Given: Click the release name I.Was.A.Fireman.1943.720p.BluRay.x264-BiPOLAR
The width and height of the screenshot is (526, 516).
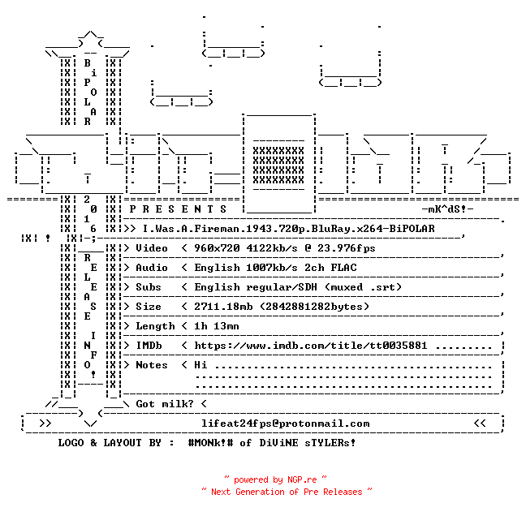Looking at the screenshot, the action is [288, 229].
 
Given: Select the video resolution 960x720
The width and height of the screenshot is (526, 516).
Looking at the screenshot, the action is [217, 248].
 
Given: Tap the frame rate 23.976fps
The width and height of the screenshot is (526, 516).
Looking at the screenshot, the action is [346, 248].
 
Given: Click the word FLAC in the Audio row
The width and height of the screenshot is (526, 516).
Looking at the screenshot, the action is [343, 268].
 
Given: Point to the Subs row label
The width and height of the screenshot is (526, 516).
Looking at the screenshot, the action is [149, 287].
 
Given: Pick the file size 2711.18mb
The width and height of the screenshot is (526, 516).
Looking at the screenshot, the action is [223, 307].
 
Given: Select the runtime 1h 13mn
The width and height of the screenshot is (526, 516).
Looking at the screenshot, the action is [217, 326].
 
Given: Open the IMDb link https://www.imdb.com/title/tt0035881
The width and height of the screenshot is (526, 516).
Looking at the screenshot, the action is [311, 346].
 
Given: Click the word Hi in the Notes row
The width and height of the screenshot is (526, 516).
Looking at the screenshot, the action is [200, 365].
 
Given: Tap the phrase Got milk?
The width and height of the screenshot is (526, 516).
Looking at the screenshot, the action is [165, 404].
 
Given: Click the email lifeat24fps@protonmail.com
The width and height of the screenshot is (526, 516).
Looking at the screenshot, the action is [286, 424].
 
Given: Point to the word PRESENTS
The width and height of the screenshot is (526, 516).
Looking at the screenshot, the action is [178, 209].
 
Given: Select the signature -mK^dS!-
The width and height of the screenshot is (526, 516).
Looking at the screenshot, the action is [447, 209].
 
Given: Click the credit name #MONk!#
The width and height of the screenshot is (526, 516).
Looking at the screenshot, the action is [210, 443].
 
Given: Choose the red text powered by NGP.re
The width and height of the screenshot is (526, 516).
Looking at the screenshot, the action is [275, 479].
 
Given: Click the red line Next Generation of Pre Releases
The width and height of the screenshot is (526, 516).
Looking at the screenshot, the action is [287, 492].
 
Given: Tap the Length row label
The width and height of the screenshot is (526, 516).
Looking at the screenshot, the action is [155, 326].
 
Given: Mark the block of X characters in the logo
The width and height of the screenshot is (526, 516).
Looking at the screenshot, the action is [278, 166].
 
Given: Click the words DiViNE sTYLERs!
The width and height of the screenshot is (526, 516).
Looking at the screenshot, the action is [308, 443].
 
